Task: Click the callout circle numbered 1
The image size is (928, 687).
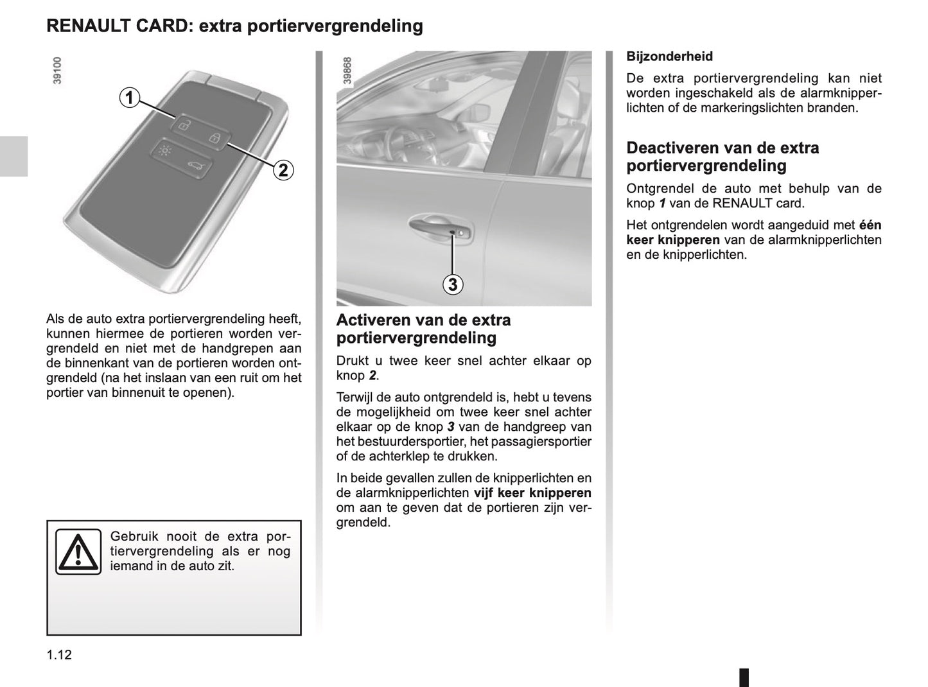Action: point(129,98)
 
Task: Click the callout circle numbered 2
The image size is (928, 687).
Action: point(283,170)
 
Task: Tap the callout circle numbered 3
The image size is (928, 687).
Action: point(453,284)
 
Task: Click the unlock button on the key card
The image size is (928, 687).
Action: point(183,125)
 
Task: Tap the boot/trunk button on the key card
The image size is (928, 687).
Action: point(194,167)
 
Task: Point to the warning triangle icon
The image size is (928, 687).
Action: point(78,552)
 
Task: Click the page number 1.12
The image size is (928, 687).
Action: point(58,655)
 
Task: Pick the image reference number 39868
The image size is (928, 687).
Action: point(347,71)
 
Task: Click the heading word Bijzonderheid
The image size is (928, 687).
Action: point(669,57)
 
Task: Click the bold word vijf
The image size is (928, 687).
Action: point(485,493)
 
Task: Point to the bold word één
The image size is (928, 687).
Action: point(870,225)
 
